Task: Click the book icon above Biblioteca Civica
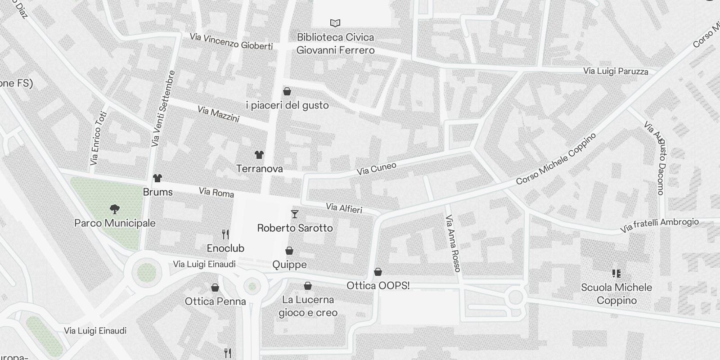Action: pos(335,23)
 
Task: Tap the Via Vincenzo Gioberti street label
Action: pos(231,41)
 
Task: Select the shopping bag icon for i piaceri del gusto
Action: pos(287,92)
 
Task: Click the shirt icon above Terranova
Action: pos(259,155)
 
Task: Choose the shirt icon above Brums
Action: pos(157,178)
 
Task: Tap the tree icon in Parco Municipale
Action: pos(115,209)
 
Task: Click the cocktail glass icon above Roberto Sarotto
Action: pos(295,214)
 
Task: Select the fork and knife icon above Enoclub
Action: pos(226,234)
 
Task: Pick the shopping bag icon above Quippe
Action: pos(289,251)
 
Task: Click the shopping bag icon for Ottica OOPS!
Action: pos(378,272)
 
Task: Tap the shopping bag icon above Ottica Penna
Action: pos(215,288)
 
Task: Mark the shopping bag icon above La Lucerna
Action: pos(308,286)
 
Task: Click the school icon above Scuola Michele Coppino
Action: pos(616,273)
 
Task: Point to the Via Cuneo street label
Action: pos(377,169)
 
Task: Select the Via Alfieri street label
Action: pos(344,208)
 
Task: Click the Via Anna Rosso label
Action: pos(453,243)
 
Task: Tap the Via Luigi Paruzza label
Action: pos(616,71)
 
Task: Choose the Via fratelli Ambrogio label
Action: pos(659,225)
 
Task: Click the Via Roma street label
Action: pos(216,193)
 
